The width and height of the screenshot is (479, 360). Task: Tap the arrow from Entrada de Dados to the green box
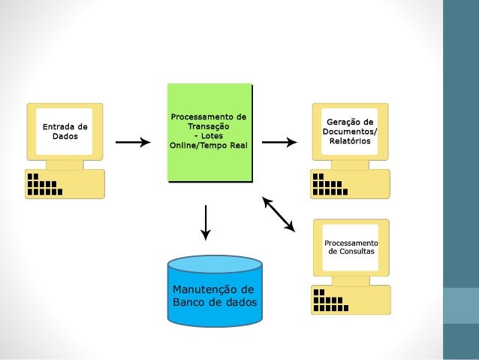click(x=134, y=142)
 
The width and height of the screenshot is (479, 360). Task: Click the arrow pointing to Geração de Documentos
click(x=279, y=142)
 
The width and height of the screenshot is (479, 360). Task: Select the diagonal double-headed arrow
click(x=279, y=214)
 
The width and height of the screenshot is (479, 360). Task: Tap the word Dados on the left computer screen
click(x=65, y=137)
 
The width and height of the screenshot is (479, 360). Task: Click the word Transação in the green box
click(x=208, y=127)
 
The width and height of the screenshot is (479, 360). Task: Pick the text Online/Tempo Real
click(x=208, y=146)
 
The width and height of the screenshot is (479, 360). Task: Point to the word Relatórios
click(x=350, y=141)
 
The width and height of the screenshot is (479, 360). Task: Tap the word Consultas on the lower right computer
click(x=351, y=250)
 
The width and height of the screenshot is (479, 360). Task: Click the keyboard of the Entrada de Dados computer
click(x=65, y=184)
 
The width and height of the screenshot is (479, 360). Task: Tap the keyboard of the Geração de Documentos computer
click(x=350, y=184)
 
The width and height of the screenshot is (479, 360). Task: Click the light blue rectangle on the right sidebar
click(x=461, y=305)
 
